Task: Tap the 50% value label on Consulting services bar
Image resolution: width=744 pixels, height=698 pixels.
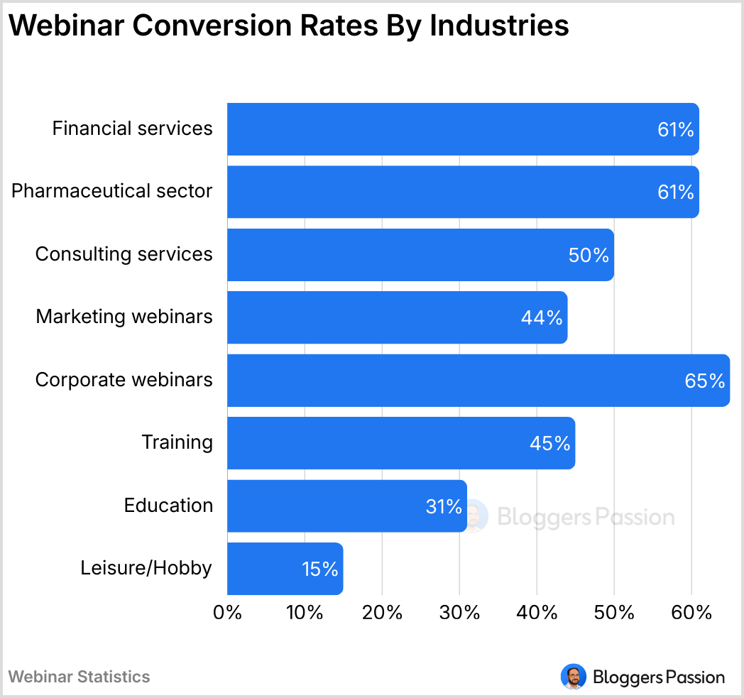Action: point(589,256)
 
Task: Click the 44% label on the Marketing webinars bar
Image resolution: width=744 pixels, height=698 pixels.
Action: point(542,318)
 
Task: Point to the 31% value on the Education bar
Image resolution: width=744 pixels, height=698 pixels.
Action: point(444,507)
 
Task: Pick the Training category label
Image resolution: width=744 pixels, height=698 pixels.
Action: point(177,442)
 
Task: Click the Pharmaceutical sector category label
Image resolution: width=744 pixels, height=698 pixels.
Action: point(111,191)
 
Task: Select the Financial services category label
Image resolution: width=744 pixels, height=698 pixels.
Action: point(132,129)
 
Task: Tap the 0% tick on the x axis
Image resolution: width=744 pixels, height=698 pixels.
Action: point(228,613)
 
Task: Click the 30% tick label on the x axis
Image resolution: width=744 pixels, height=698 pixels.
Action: point(459,613)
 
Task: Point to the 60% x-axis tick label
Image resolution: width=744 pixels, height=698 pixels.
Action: point(691,613)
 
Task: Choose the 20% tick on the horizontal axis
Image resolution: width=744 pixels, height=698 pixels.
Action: point(382,613)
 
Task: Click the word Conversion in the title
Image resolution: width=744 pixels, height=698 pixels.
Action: point(199,26)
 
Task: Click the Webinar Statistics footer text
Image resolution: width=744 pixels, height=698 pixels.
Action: point(79,677)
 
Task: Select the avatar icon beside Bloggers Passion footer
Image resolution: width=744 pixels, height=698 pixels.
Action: point(572,677)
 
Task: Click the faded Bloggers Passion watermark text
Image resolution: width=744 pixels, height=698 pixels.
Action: point(585,516)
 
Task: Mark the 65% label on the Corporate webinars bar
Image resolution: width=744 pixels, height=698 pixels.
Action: point(704,381)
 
